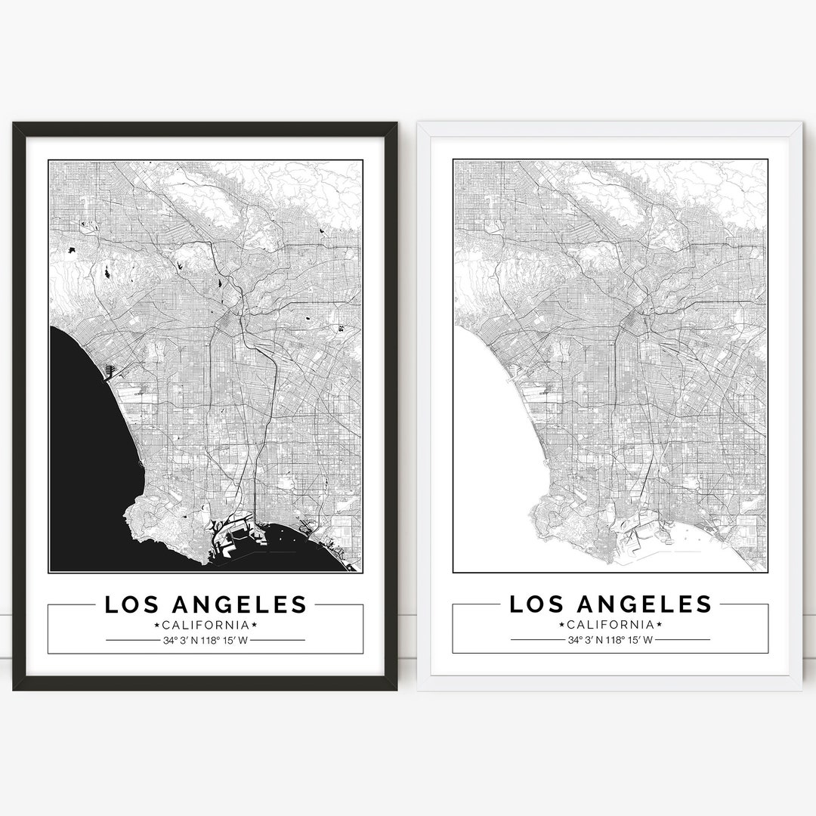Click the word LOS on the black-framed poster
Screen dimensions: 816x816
131,604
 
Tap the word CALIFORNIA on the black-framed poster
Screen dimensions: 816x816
206,625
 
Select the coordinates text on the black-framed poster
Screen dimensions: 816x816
206,641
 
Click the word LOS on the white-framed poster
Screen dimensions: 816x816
535,604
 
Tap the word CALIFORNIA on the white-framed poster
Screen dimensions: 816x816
610,625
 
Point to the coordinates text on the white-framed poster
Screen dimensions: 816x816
610,641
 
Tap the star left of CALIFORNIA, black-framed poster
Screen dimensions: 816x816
156,625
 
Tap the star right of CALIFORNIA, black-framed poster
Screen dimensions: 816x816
255,625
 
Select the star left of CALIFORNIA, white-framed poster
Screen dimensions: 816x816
561,625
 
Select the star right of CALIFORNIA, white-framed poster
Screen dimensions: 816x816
659,625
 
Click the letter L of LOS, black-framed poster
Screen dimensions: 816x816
110,604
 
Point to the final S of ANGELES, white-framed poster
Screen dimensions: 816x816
703,604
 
